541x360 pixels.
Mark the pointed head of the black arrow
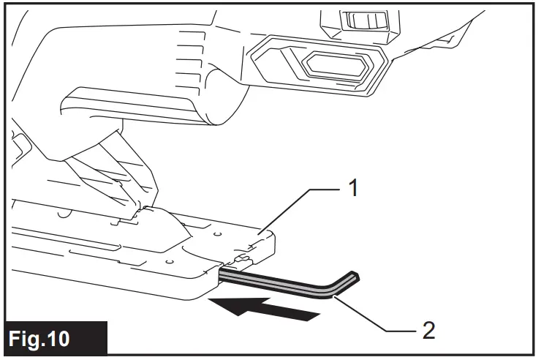pyautogui.click(x=219, y=304)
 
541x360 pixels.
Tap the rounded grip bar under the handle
pyautogui.click(x=132, y=102)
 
